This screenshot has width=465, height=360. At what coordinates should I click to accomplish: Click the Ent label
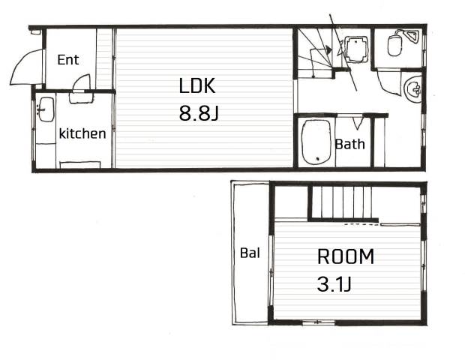(68, 60)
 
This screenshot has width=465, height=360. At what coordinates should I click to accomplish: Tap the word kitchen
(82, 133)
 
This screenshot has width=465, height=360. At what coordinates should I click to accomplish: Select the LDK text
(197, 85)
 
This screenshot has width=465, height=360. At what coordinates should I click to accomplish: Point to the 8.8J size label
(199, 113)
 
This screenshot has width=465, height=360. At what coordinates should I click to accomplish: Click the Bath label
(349, 144)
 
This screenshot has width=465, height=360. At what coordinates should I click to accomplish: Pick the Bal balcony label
(250, 253)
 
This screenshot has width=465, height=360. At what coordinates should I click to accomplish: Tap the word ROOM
(346, 256)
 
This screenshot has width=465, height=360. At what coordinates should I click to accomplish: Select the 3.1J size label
(334, 283)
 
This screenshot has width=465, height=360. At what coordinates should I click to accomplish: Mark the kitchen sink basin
(46, 109)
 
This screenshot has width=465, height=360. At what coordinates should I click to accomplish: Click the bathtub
(316, 142)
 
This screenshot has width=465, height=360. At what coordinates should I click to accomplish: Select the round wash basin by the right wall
(413, 89)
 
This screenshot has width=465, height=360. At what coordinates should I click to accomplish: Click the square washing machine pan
(355, 49)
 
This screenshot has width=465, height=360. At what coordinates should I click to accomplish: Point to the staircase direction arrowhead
(328, 49)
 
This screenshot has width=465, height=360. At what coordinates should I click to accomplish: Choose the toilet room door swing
(387, 85)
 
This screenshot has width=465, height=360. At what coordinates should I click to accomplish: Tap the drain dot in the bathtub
(318, 159)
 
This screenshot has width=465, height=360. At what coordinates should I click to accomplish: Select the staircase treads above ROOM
(343, 202)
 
